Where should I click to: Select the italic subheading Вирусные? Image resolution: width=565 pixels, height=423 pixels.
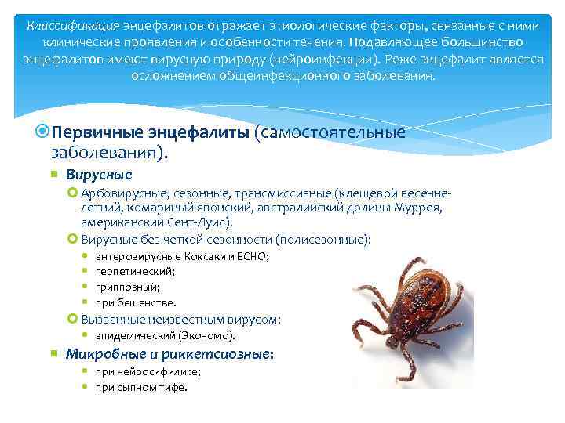[x=99, y=174]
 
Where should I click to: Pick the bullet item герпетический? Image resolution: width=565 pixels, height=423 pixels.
[x=135, y=271]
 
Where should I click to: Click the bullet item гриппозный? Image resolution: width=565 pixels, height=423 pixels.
[x=128, y=287]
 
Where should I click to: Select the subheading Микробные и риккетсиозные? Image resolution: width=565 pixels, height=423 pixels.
[x=169, y=354]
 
